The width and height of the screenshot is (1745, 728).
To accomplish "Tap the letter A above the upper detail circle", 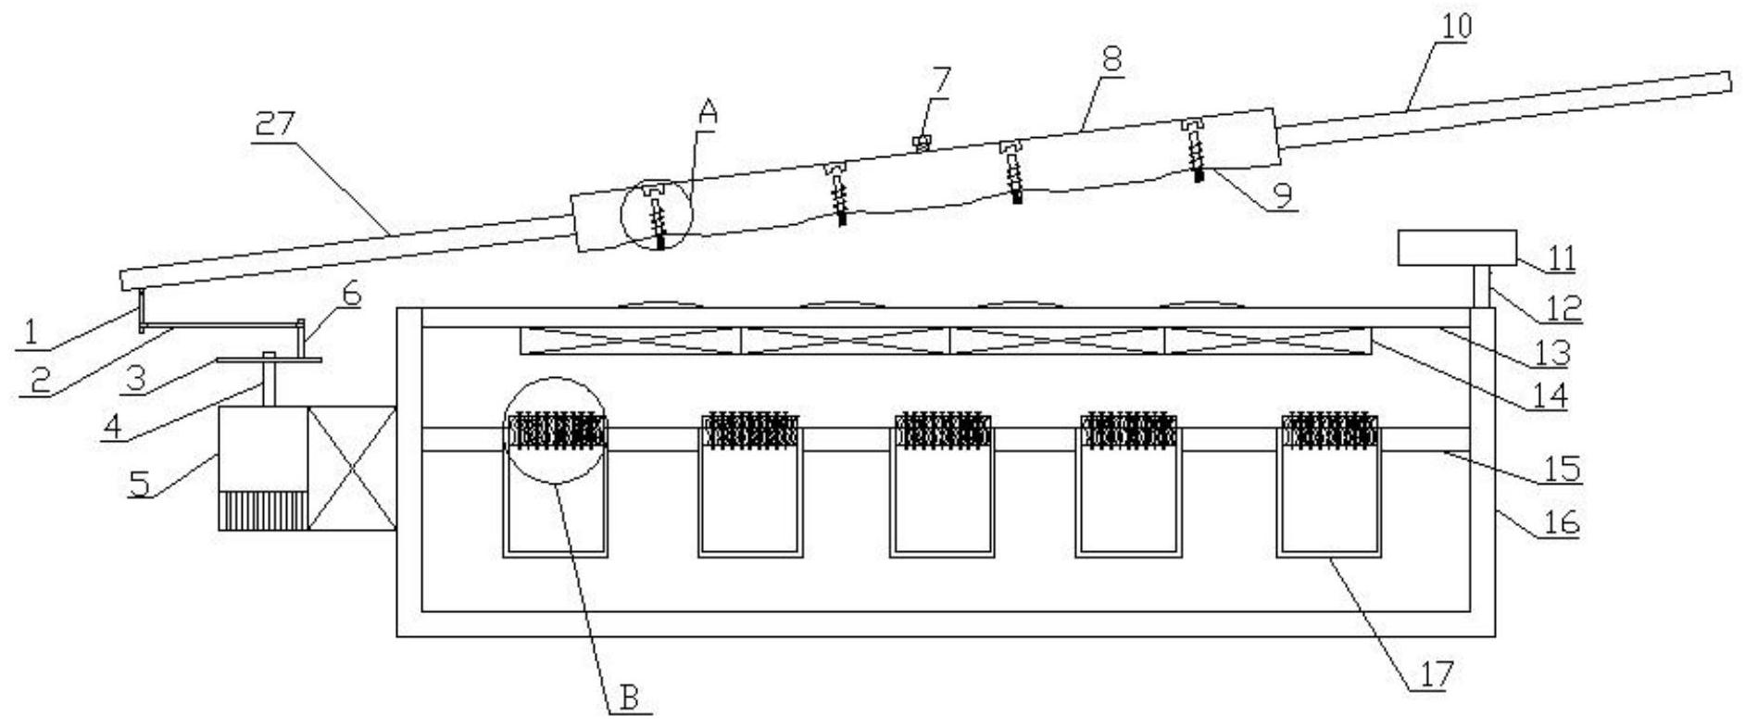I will [708, 113].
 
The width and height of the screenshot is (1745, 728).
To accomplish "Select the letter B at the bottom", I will [630, 698].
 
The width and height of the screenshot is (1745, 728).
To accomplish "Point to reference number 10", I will [1455, 25].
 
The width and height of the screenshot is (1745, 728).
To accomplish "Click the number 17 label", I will [1432, 673].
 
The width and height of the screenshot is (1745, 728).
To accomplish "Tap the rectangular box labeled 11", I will [1456, 247].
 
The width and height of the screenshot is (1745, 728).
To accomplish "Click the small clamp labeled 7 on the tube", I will [921, 142].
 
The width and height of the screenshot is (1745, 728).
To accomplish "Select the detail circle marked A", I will [656, 216].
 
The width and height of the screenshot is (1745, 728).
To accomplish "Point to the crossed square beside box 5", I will [352, 468].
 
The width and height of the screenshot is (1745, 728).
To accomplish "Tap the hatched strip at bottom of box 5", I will [263, 509].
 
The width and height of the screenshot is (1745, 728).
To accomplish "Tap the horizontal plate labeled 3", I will [269, 360].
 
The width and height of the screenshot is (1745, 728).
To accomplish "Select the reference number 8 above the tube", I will [1111, 57].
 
